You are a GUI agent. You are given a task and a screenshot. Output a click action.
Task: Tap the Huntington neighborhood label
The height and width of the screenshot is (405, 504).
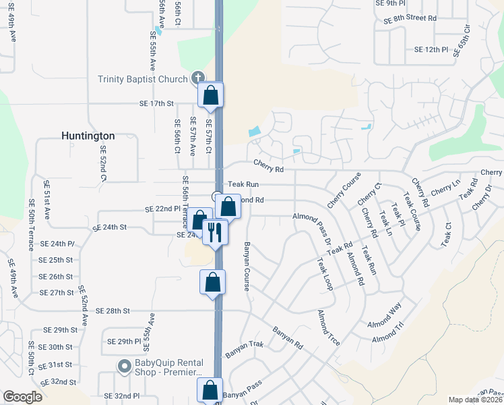[x=88, y=136]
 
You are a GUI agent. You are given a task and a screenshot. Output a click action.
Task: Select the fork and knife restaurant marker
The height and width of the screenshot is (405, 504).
[x=214, y=233]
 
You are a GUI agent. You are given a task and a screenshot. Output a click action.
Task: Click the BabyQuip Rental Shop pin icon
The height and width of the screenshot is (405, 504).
[x=123, y=367]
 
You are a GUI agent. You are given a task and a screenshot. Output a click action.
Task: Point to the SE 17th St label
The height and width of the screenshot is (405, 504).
[x=156, y=103]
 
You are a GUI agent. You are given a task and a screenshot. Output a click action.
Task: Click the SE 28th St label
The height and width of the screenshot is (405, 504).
[x=112, y=310]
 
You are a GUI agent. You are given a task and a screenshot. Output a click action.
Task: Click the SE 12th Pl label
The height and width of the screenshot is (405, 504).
[x=431, y=49]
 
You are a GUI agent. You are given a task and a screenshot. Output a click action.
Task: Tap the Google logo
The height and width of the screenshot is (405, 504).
[x=22, y=397]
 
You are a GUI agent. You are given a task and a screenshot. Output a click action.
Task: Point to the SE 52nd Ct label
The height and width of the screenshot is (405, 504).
[x=104, y=165]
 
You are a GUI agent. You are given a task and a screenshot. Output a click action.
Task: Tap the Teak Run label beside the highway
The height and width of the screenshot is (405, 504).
[x=243, y=184]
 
